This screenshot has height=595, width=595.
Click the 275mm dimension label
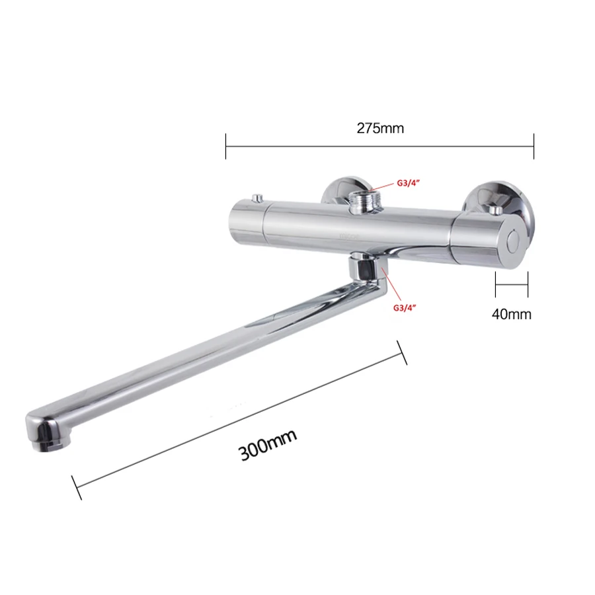(380, 128)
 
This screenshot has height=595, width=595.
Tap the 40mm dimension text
(512, 314)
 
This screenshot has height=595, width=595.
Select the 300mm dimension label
(268, 444)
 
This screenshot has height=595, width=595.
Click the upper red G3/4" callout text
(409, 183)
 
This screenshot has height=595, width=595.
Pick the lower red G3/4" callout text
(405, 307)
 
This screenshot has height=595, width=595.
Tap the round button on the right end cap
(514, 240)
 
